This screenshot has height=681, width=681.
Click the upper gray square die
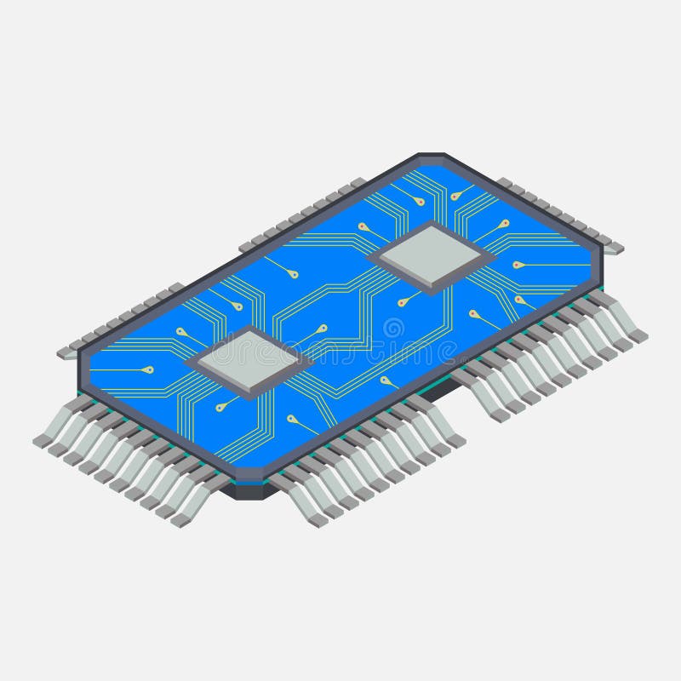pyautogui.click(x=431, y=254)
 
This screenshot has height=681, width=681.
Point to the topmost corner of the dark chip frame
pyautogui.click(x=431, y=156)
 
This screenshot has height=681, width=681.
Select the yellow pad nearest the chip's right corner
pyautogui.click(x=518, y=265)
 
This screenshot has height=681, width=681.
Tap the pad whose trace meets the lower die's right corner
pyautogui.click(x=322, y=328)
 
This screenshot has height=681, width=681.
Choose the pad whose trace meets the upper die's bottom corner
pyautogui.click(x=401, y=301)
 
